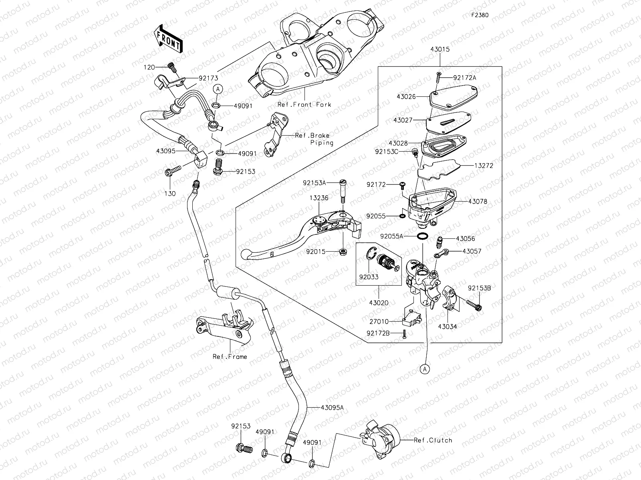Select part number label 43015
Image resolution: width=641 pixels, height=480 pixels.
[440, 50]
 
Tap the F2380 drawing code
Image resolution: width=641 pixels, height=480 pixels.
[480, 15]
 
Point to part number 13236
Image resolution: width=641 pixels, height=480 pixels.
[319, 198]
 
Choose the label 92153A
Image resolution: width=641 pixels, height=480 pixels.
[314, 183]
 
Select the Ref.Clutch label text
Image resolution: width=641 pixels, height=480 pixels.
[433, 440]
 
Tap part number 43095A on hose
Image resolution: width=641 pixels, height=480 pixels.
[333, 407]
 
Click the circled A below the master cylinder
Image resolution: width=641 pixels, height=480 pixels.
[425, 369]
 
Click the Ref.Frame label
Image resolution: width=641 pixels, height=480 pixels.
[230, 356]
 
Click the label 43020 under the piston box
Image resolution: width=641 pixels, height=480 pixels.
[379, 303]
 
